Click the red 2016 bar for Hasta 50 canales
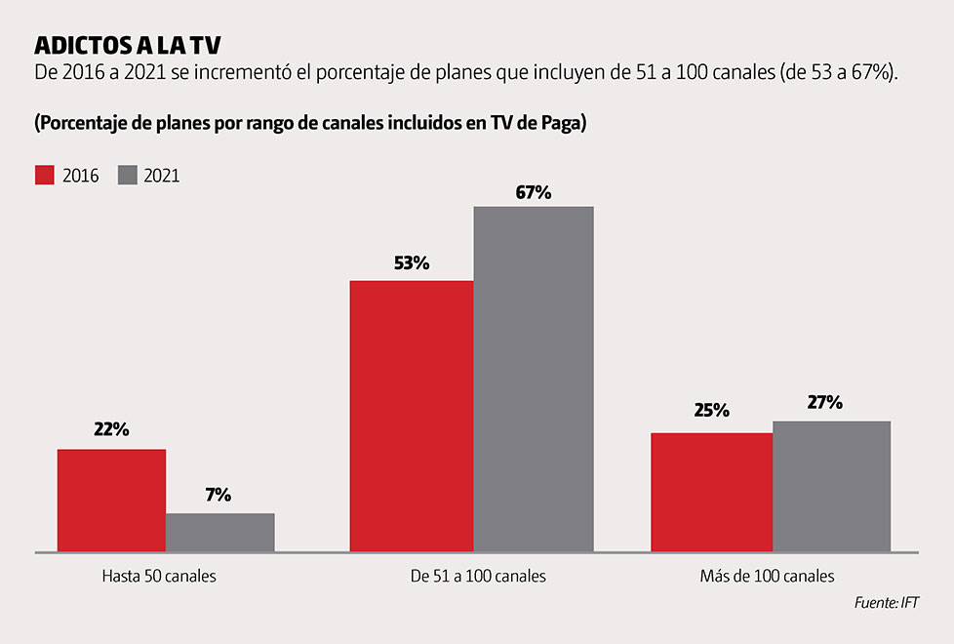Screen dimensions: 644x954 pyautogui.click(x=111, y=501)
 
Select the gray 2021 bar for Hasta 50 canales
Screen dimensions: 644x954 pyautogui.click(x=219, y=533)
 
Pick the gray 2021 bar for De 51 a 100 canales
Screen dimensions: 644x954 pyautogui.click(x=534, y=380)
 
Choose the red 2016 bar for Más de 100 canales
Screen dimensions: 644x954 pyautogui.click(x=711, y=492)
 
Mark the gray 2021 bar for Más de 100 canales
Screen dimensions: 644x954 pyautogui.click(x=831, y=486)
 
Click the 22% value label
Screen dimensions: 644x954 pyautogui.click(x=111, y=430)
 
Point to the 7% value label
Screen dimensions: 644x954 pyautogui.click(x=219, y=495)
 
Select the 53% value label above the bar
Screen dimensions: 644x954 pyautogui.click(x=412, y=262)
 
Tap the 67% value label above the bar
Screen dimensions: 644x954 pyautogui.click(x=534, y=192)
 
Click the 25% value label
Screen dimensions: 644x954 pyautogui.click(x=711, y=410)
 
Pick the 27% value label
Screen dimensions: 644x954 pyautogui.click(x=825, y=402)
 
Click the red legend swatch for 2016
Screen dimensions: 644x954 pyautogui.click(x=45, y=176)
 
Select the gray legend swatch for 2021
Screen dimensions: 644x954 pyautogui.click(x=127, y=176)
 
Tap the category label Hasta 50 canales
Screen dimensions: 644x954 pyautogui.click(x=159, y=576)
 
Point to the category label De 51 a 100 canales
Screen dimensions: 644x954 pyautogui.click(x=479, y=576)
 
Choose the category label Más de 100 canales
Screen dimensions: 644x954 pyautogui.click(x=767, y=576)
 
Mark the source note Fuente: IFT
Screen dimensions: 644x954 pyautogui.click(x=887, y=603)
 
